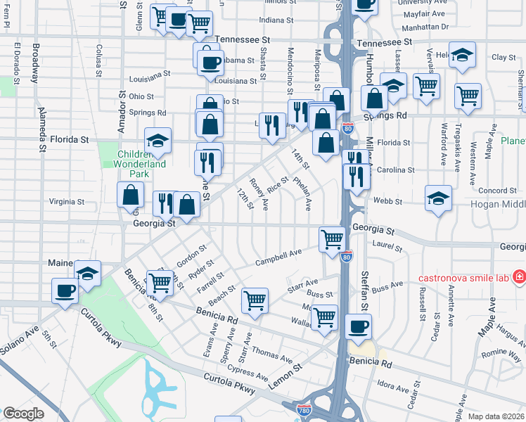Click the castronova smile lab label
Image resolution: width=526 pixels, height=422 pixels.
point(463,277)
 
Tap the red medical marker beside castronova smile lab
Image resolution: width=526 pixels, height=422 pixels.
point(518,277)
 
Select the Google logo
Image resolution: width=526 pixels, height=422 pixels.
point(24,414)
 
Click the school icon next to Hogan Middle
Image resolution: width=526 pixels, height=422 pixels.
point(438,199)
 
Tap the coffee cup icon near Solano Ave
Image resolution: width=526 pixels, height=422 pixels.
point(65,290)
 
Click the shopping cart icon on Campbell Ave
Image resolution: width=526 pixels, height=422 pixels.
point(331,238)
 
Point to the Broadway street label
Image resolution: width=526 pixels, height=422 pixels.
point(34,65)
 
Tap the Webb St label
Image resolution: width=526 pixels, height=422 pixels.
point(388,201)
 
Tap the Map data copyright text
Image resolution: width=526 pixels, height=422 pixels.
point(496,416)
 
